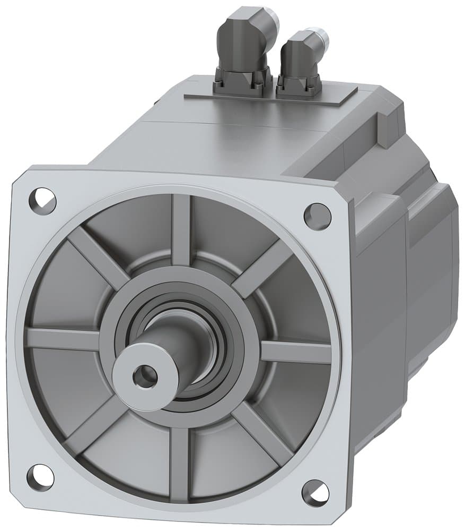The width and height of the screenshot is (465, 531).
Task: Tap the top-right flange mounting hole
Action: (x=317, y=216)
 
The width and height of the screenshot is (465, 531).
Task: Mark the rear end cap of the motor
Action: (x=435, y=265)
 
